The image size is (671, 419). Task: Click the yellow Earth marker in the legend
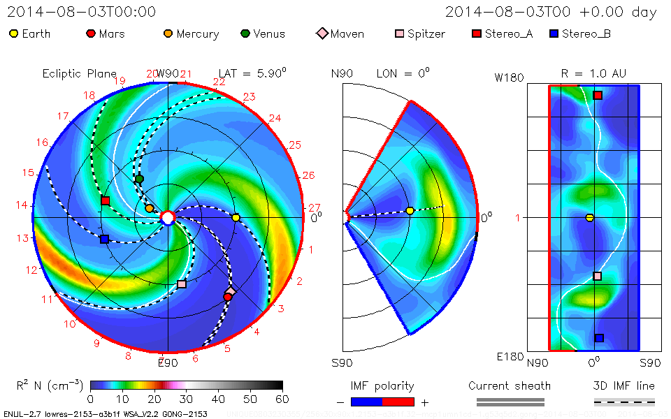click(x=13, y=34)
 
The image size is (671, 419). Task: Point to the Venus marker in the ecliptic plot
click(x=139, y=179)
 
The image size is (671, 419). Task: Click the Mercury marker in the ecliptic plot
click(x=149, y=208)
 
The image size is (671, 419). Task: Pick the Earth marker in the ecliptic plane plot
click(x=236, y=218)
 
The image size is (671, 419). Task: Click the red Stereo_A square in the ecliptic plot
click(x=105, y=201)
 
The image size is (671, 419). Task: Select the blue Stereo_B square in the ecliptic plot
click(x=104, y=239)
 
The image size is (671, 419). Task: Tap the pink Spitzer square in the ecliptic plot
click(x=182, y=284)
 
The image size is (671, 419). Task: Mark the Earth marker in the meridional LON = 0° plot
click(x=410, y=210)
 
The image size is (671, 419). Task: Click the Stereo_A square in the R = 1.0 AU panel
click(x=598, y=96)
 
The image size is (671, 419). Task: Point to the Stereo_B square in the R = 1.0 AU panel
click(x=599, y=338)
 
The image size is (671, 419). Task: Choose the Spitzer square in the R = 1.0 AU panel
click(x=597, y=276)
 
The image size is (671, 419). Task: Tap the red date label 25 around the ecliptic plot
click(x=294, y=145)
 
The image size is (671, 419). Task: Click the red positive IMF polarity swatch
click(x=398, y=402)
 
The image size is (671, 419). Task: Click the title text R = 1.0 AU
click(x=593, y=73)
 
